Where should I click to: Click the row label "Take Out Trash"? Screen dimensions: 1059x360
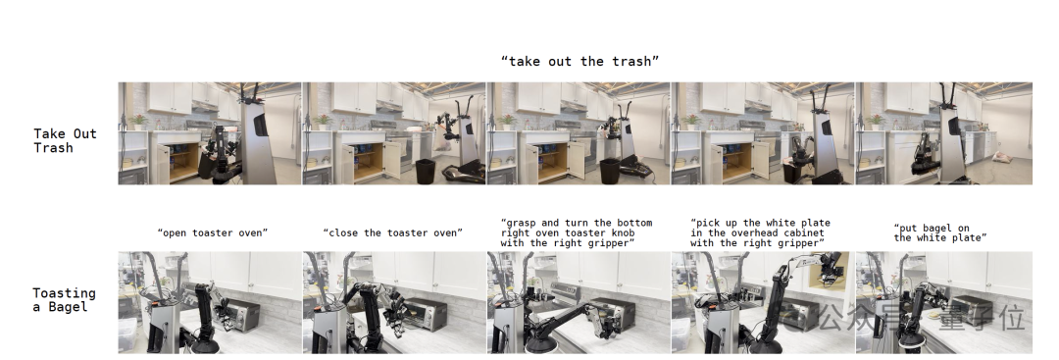pos(65,140)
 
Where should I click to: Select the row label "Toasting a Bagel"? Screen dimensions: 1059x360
pos(64,300)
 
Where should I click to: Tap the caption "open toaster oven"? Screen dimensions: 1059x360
pos(213,233)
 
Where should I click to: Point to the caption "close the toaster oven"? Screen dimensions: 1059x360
pos(393,233)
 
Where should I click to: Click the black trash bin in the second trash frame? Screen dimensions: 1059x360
pos(425,171)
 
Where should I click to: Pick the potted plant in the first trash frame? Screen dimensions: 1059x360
pos(139,122)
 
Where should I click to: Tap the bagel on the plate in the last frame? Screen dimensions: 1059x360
pos(935,315)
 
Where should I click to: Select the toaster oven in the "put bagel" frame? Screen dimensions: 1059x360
pos(971,309)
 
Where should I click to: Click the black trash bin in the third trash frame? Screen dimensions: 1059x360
pos(610,171)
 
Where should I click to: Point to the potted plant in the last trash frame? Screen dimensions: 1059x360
pos(877,122)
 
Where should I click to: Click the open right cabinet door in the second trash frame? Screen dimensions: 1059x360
pos(392,161)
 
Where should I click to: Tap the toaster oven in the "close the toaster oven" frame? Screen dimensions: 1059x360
pos(425,314)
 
